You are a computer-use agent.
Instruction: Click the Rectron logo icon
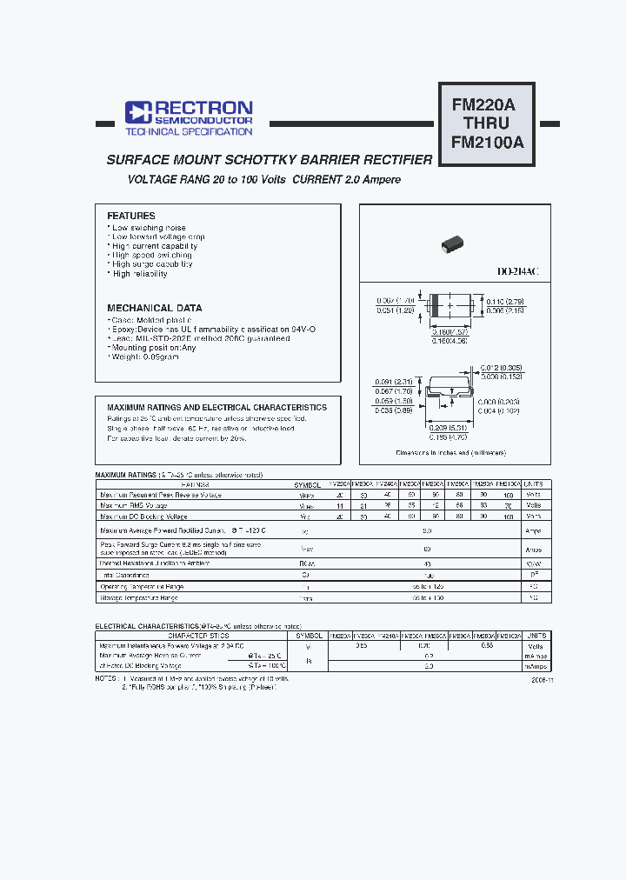[138, 111]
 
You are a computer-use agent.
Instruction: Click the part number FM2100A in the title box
[487, 143]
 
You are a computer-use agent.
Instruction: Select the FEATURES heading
[131, 216]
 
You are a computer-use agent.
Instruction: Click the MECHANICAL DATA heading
[155, 308]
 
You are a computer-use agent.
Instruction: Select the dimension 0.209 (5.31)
[450, 427]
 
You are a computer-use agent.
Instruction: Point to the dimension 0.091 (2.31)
[394, 382]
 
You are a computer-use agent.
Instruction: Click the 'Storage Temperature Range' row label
[139, 598]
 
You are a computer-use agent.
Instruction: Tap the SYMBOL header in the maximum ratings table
[308, 484]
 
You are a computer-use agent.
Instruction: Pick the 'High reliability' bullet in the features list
[139, 274]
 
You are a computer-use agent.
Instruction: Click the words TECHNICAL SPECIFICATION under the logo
[189, 132]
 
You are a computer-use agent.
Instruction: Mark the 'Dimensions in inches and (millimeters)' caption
[450, 453]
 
